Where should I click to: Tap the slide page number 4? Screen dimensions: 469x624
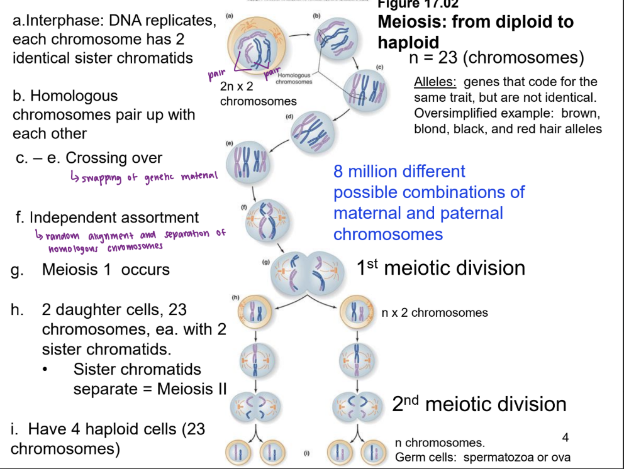coord(565,436)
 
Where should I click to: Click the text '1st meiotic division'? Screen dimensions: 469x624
coord(440,268)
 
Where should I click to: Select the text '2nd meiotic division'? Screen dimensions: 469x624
coord(479,404)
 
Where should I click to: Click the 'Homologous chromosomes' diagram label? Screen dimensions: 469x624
coord(294,79)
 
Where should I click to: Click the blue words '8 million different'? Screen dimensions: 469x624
coord(399,171)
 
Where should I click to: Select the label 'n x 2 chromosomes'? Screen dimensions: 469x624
coord(435,312)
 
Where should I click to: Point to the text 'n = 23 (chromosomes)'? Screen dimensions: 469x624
coord(496,58)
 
